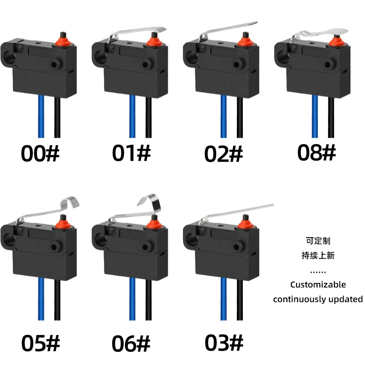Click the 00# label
pyautogui.click(x=40, y=154)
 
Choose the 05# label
pyautogui.click(x=40, y=343)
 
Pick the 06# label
pyautogui.click(x=131, y=343)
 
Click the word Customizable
pyautogui.click(x=318, y=285)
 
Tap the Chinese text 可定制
pyautogui.click(x=318, y=240)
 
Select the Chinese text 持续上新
pyautogui.click(x=318, y=255)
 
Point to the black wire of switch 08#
pyautogui.click(x=331, y=116)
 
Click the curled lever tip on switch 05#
pyautogui.click(x=71, y=201)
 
